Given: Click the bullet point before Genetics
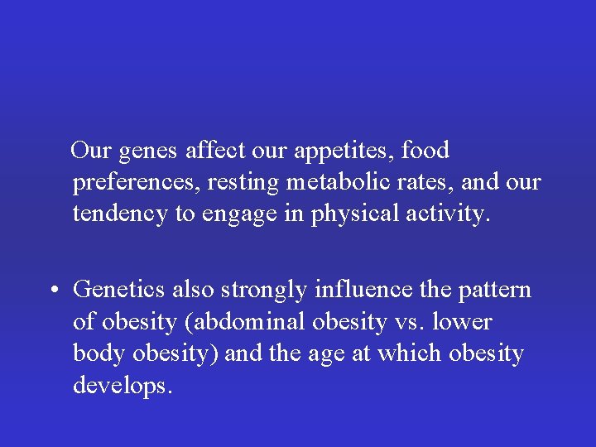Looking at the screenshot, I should [52, 291].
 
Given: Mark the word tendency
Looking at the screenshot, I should [121, 214].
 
